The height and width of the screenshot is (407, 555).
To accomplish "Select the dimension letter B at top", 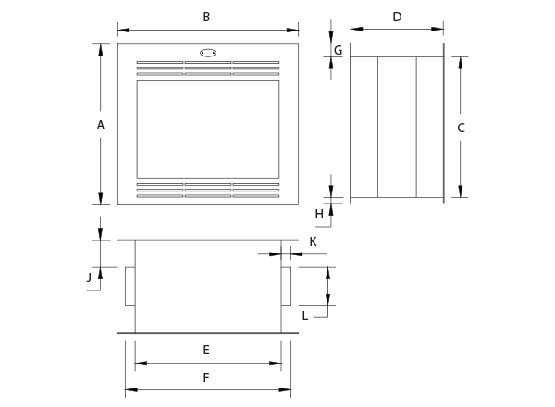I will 206,17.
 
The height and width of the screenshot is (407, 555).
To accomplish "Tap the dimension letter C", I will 461,128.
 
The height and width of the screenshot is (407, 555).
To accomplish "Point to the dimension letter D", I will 397,17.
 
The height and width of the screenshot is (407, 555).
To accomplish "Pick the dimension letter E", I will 206,350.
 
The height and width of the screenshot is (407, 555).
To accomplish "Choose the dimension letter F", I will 206,377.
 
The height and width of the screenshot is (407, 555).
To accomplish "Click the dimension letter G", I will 338,50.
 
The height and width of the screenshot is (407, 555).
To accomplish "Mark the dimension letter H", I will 319,214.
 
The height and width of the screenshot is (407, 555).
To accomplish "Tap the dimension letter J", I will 89,276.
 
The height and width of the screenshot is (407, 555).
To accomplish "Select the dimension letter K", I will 313,241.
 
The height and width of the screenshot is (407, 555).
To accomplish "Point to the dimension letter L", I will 304,314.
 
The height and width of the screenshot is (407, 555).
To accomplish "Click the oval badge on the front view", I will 208,54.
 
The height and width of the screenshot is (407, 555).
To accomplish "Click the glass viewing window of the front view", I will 207,129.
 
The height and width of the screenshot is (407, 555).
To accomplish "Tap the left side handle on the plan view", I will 129,286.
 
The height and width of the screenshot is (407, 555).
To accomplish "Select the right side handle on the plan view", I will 286,286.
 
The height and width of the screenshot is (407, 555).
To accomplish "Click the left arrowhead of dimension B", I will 122,30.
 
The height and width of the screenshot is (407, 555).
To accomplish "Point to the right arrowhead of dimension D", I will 439,30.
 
